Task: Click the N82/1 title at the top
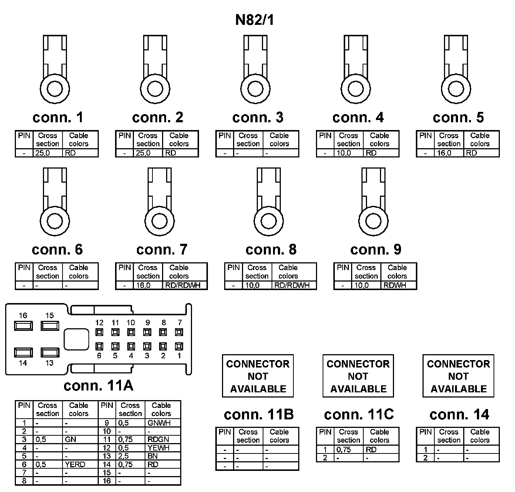click(x=255, y=20)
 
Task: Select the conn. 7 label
click(x=162, y=249)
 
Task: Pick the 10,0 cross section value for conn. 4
click(x=344, y=153)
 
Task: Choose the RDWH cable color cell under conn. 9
click(x=395, y=285)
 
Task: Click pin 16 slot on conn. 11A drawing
click(x=23, y=326)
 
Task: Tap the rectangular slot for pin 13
click(x=50, y=352)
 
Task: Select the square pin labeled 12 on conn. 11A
click(x=99, y=332)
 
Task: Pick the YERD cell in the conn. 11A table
click(x=75, y=464)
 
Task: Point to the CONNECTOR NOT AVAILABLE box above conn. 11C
click(x=358, y=376)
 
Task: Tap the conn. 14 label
click(x=459, y=414)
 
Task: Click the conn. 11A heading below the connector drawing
click(x=98, y=386)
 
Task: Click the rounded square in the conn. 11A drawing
click(x=76, y=339)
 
